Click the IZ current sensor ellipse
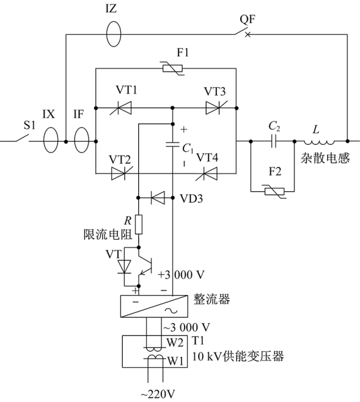coord(107,34)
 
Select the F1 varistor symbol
coord(173,68)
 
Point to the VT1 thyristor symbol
coord(122,108)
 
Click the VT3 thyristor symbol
coord(215,108)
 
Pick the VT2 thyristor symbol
coord(120,174)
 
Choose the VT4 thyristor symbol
coord(208,174)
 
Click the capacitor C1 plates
coord(172,144)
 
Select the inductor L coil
coord(319,142)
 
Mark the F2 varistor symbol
coord(274,191)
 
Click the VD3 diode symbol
coord(158,198)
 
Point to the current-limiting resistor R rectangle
coord(139,225)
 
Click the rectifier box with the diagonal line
coord(154,306)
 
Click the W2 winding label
coord(175,342)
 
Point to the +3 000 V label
coord(181,275)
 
